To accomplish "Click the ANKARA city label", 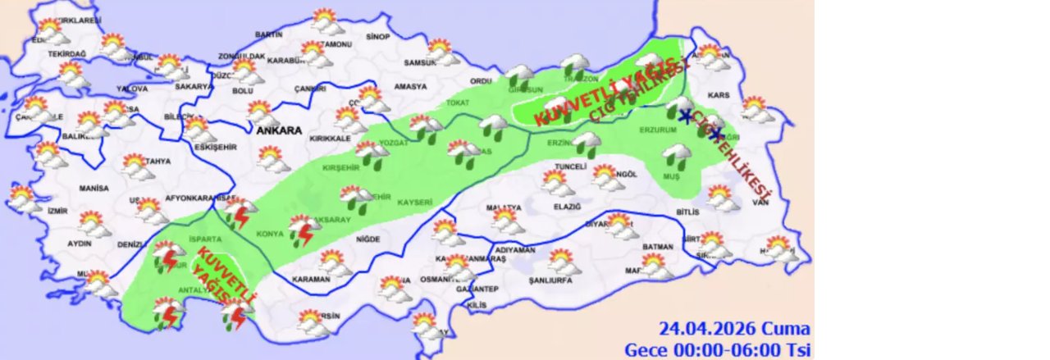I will [278, 130].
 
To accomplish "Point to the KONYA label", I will [270, 234].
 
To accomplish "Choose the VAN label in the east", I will [760, 202].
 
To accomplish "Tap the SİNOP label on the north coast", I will [377, 37].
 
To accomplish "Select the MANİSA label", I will [94, 189].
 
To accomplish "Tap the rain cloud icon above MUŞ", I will [678, 153].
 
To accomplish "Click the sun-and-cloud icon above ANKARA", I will [262, 112].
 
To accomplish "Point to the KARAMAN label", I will [312, 279].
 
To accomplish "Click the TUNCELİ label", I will [571, 166].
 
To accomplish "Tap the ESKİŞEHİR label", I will [213, 148].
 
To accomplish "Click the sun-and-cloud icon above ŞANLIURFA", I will [562, 261].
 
